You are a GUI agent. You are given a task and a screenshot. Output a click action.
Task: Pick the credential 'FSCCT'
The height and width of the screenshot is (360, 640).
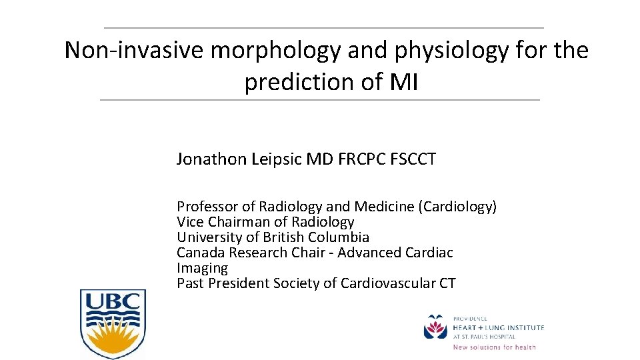click(411, 159)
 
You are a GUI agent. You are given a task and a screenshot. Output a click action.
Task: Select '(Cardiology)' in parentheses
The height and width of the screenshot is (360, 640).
click(457, 207)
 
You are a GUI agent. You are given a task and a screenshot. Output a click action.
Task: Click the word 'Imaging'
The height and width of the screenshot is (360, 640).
click(202, 268)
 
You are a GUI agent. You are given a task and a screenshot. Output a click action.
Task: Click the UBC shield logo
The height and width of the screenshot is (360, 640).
click(113, 323)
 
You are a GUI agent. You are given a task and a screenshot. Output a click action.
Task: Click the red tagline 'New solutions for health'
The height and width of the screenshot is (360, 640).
click(494, 347)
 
